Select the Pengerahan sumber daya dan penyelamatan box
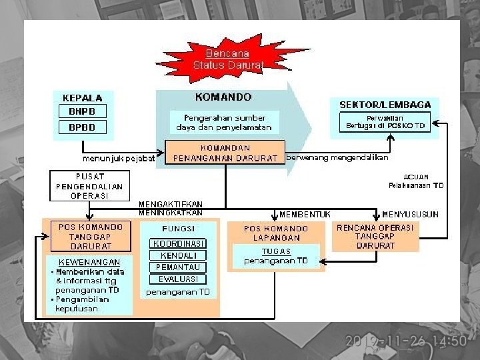pos(224,122)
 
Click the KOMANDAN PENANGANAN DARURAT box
pos(225,152)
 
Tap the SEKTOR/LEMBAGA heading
pos(385,105)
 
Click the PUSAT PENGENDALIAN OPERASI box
pos(89,186)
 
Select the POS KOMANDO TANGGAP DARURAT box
pos(90,237)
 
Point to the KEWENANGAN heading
pos(89,262)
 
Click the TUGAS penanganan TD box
pos(276,255)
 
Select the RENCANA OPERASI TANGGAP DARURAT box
pos(375,236)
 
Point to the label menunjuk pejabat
pos(119,159)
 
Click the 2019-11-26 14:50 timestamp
pos(405,341)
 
